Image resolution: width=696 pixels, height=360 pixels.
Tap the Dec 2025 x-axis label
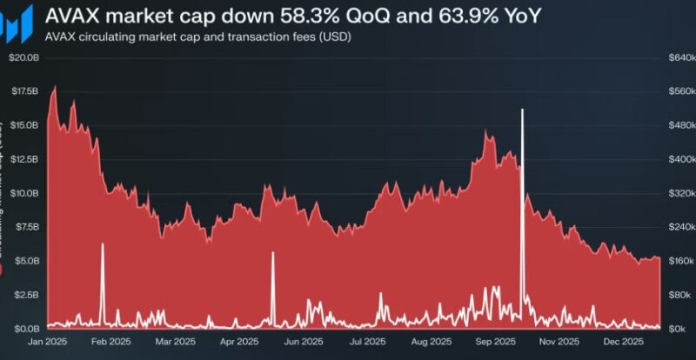[x=620, y=342]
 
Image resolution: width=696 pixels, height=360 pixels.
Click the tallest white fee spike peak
[x=522, y=110]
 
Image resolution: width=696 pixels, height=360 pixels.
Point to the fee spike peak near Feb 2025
[x=102, y=244]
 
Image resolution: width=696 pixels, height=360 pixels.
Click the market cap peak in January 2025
[x=56, y=86]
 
